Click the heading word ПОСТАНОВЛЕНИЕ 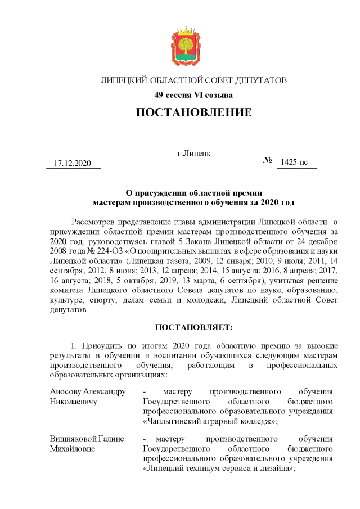[193, 112]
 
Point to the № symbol [268, 161]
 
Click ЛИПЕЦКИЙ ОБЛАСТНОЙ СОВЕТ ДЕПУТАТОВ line [193, 80]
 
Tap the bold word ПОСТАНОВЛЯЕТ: [193, 326]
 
